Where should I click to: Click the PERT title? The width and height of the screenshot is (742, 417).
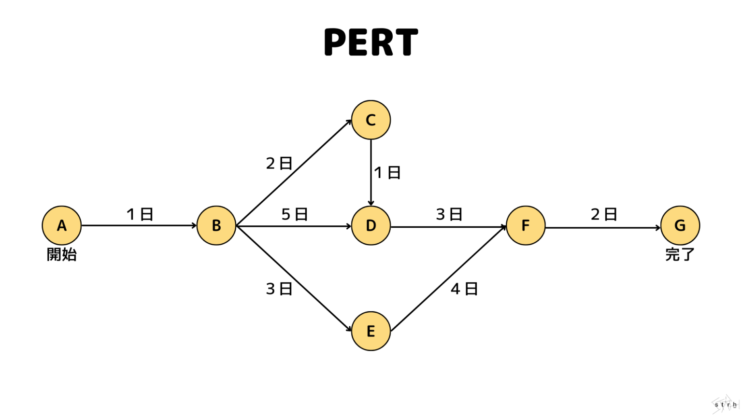[371, 42]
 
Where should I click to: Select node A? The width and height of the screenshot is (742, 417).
[62, 225]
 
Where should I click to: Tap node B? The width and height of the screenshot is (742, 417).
[216, 225]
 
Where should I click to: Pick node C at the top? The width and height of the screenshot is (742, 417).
[371, 120]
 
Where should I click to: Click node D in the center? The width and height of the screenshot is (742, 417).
[371, 225]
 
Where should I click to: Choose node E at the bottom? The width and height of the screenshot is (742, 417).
[371, 331]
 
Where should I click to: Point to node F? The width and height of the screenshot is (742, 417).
[526, 225]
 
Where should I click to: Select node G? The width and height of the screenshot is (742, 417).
[680, 225]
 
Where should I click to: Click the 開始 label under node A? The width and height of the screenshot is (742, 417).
[62, 254]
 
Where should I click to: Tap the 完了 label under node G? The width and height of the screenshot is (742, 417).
[680, 254]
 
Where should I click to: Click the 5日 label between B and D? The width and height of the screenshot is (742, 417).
[295, 214]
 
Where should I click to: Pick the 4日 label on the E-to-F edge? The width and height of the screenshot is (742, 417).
[464, 289]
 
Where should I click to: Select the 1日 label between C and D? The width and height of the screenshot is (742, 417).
[387, 172]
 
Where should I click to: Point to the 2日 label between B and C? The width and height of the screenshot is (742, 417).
[279, 164]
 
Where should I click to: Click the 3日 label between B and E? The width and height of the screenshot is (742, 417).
[279, 289]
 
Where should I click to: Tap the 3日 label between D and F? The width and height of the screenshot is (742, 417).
[449, 214]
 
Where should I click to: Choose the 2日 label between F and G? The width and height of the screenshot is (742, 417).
[604, 214]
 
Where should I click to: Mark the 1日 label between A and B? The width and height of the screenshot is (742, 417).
[140, 214]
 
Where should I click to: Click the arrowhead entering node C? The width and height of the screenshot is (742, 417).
[349, 122]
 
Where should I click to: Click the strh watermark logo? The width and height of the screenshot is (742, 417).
[725, 404]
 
